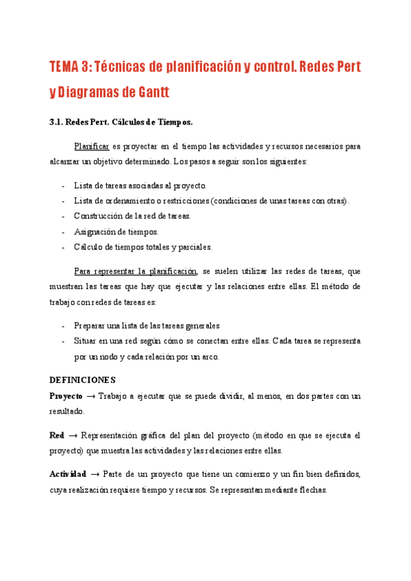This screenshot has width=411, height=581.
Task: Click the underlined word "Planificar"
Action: pos(92,146)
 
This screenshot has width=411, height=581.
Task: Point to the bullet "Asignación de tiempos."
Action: pos(116,232)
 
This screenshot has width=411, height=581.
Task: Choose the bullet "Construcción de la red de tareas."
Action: pos(132,216)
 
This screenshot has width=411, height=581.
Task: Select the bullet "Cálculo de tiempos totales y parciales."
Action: pos(143,247)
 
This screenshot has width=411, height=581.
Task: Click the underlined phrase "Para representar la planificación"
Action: pos(136,271)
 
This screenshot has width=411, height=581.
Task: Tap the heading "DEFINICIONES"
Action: pos(83,379)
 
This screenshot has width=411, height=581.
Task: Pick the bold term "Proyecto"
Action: pos(66,396)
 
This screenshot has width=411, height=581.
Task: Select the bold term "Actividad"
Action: pos(68,474)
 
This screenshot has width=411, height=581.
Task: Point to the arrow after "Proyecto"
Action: pos(90,396)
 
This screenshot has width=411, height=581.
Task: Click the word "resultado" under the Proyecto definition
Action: pos(66,412)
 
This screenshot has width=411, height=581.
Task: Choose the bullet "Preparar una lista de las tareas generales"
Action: pos(147,325)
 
